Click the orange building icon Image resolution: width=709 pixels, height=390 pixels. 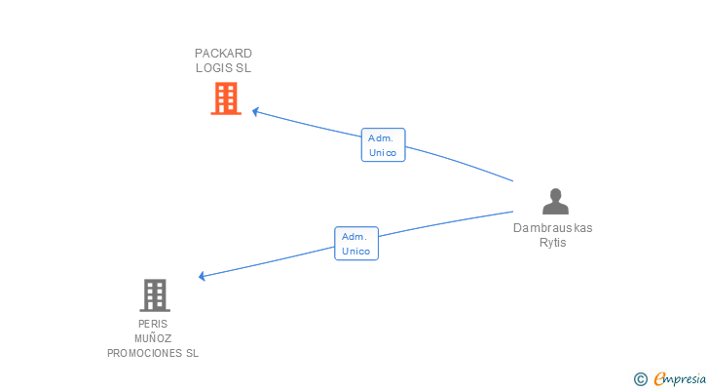point(226,98)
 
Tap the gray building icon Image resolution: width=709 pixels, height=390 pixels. point(154,294)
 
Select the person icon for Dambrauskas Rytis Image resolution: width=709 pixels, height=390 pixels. point(555,202)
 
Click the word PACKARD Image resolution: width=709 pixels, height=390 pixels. point(224,53)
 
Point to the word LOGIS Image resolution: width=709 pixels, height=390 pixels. point(213,68)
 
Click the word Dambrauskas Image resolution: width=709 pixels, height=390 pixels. point(552,227)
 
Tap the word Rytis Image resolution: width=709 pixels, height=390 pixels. point(552,243)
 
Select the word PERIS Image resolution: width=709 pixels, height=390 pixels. point(153,324)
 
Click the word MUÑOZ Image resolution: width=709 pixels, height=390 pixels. point(153,338)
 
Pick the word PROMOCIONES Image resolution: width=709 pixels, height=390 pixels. point(144,353)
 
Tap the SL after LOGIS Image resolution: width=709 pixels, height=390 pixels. point(244,68)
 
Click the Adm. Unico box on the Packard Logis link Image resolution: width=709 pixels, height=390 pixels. point(383,145)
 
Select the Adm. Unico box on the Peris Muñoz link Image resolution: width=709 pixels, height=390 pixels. point(355,243)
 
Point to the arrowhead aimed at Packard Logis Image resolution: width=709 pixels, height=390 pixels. point(255,111)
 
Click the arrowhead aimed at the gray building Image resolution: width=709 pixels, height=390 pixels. point(203,276)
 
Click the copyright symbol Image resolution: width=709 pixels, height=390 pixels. point(640,379)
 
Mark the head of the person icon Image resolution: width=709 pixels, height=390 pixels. point(555,194)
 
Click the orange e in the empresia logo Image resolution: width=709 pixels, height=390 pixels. point(659,379)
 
